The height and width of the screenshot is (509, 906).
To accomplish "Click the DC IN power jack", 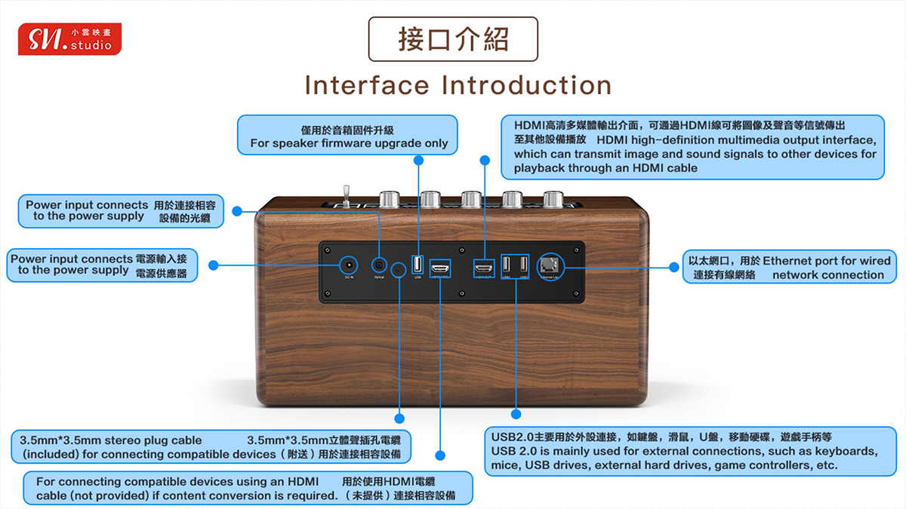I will [348, 265].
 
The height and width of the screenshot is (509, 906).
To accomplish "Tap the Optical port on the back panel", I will [379, 265].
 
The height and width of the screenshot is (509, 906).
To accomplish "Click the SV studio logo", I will [69, 39].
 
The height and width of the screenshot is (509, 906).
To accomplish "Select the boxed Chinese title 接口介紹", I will [453, 39].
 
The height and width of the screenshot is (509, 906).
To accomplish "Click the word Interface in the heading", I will [368, 85].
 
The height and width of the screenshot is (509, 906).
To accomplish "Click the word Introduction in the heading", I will [526, 85].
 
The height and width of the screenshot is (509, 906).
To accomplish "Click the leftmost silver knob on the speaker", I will [390, 199].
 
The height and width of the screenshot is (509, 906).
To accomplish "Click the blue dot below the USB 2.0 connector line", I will [516, 414].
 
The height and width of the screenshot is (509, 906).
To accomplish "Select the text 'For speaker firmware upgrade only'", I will [349, 143].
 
